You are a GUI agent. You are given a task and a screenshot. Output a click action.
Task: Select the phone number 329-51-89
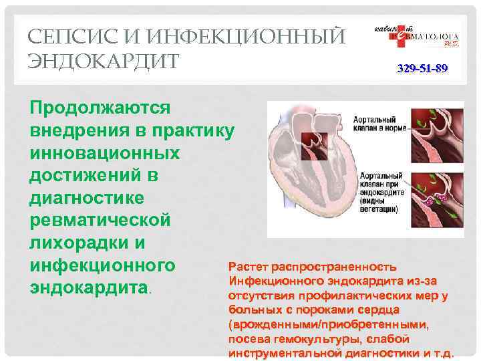click(422, 69)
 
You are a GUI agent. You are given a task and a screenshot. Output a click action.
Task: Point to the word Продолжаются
click(100, 107)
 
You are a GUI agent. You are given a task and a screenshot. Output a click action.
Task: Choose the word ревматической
click(100, 221)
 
